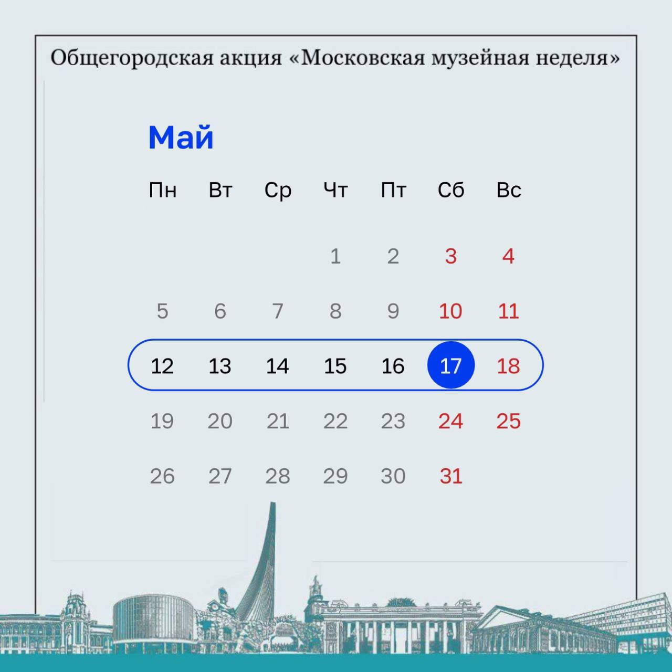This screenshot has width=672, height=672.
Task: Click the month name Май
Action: [x=181, y=138]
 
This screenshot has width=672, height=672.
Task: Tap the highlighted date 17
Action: [x=450, y=365]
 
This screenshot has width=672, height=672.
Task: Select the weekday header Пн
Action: [x=162, y=190]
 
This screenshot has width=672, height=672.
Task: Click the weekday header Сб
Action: [x=450, y=190]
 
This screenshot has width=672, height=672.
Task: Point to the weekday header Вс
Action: [x=508, y=190]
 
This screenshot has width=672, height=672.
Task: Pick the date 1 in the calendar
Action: [x=335, y=256]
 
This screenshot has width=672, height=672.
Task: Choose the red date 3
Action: [x=450, y=256]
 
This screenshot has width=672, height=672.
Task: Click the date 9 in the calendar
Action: [x=393, y=311]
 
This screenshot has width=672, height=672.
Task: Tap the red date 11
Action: [x=508, y=311]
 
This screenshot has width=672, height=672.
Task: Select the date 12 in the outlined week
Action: [x=162, y=366]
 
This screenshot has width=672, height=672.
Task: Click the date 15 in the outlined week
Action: [x=335, y=366]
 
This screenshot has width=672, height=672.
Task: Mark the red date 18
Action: [x=508, y=366]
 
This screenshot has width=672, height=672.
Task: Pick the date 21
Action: [x=277, y=421]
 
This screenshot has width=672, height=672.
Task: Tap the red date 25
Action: [x=508, y=421]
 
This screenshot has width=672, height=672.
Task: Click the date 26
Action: [x=162, y=476]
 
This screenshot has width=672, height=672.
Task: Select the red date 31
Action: [x=450, y=476]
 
